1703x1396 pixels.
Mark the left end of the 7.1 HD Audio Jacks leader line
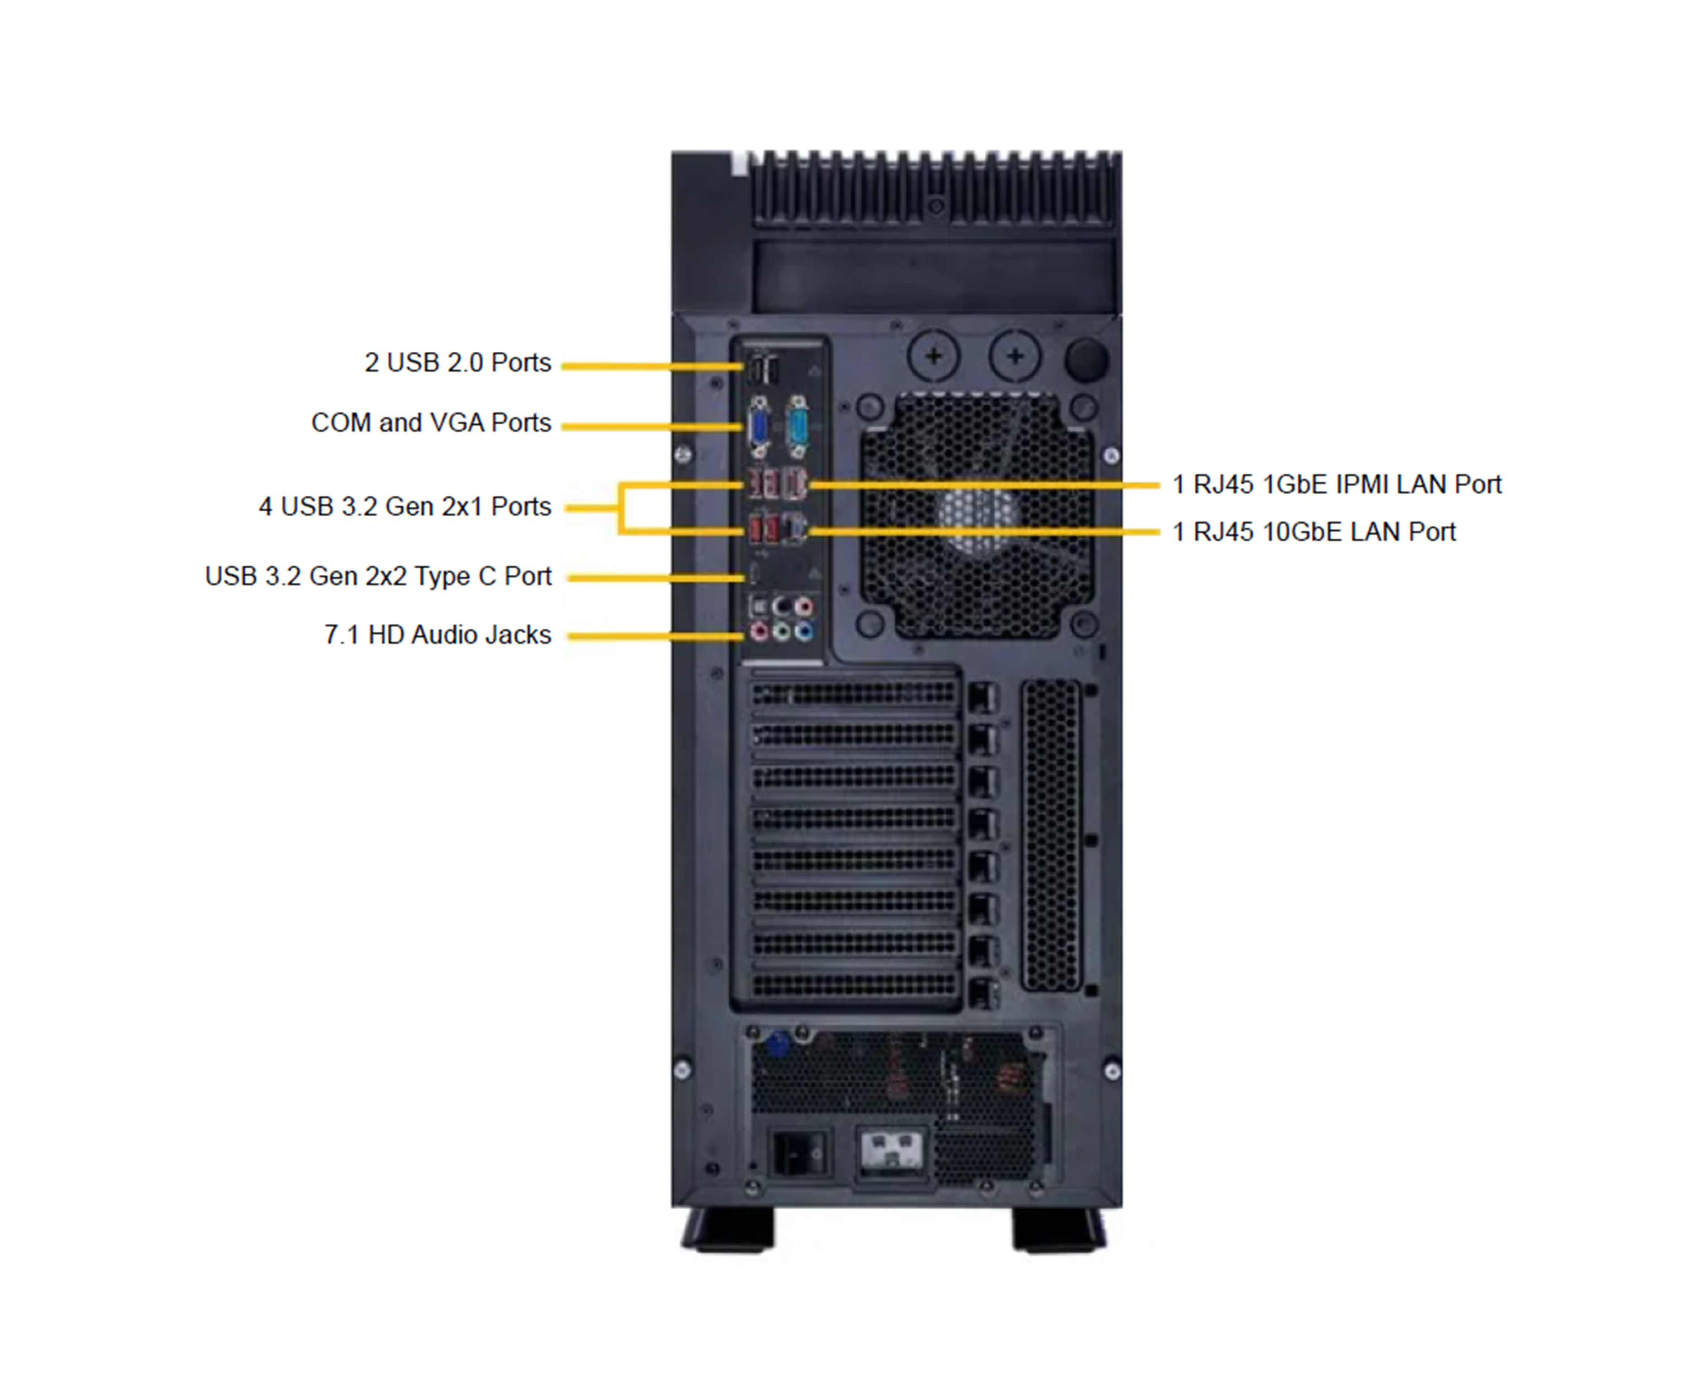[x=569, y=636]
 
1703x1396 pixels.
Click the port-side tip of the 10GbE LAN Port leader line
[x=812, y=532]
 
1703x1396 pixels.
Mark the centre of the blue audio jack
[x=803, y=632]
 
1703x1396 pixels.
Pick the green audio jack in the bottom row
[x=781, y=632]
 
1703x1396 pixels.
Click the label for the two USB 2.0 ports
[x=458, y=363]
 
